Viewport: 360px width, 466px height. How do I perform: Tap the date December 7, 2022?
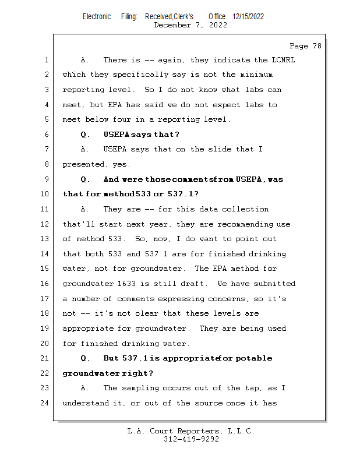[190, 25]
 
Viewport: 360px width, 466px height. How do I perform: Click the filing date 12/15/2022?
[248, 17]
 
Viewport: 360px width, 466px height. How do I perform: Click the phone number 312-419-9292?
[191, 440]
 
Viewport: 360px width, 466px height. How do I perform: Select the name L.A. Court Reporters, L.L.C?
[191, 431]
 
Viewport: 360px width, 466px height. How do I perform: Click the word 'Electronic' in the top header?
[97, 17]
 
